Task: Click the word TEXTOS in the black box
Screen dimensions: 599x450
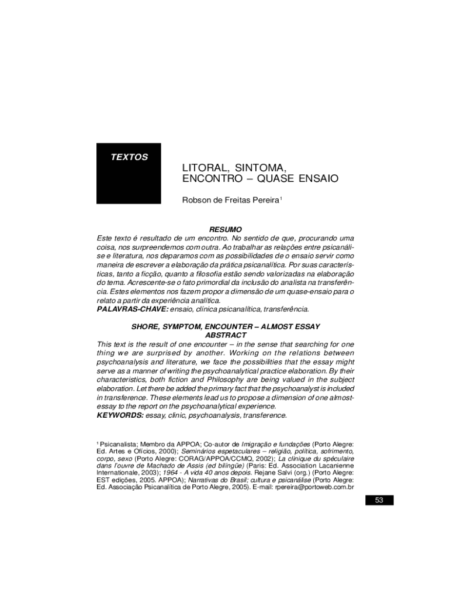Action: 129,157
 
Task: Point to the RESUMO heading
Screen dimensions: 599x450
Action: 225,229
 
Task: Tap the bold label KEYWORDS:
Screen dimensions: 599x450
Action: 120,415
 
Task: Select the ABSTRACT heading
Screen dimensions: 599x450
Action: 225,335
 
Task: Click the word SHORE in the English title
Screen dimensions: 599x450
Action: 146,326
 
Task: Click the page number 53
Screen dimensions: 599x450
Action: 379,500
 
